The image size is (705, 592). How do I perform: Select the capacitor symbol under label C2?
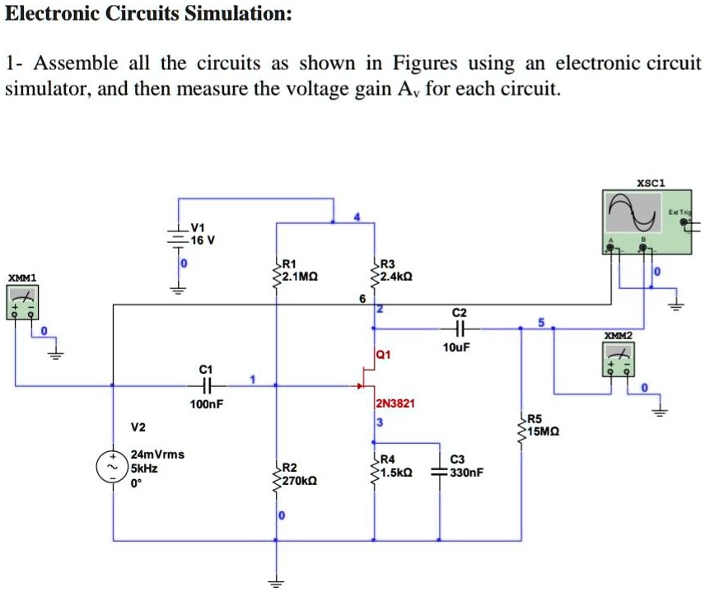coord(459,328)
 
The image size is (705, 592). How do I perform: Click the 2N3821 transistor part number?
coord(395,403)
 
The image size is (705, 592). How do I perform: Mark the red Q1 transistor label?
coord(383,356)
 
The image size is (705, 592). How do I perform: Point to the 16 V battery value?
coord(202,240)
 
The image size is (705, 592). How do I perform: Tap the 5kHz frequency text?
coord(145,467)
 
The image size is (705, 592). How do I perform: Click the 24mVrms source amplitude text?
coord(158,454)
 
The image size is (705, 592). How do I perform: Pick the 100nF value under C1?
coord(207,404)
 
